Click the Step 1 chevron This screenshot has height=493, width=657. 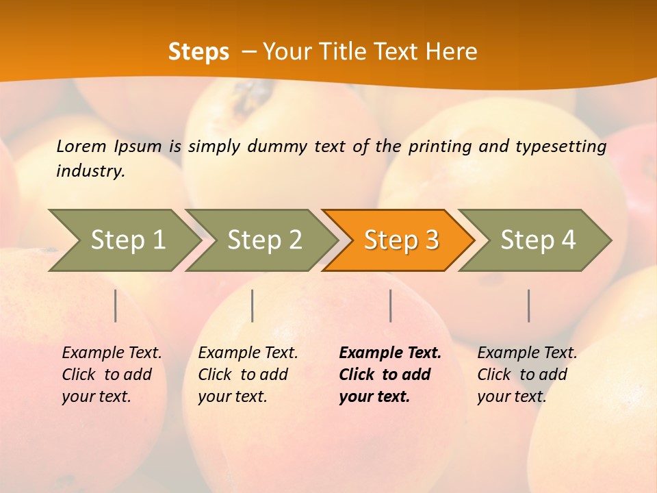coord(127,240)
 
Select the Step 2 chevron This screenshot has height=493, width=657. coord(264,240)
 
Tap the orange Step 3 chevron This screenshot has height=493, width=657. coord(401,240)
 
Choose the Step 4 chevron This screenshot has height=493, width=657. coord(538,240)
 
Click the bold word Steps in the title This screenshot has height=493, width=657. coord(198,52)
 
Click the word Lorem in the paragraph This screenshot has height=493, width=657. coord(81,146)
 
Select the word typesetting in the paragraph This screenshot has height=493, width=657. coord(561,146)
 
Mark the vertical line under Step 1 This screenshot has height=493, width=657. coord(116,305)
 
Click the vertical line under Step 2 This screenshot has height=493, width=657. coord(253,305)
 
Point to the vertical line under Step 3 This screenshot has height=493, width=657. coord(391,305)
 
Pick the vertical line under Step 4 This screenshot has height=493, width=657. coord(529,305)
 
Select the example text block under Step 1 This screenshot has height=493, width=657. coord(112,375)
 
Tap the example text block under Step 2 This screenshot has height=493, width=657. coord(248,375)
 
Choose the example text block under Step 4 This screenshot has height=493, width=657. coord(527,375)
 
